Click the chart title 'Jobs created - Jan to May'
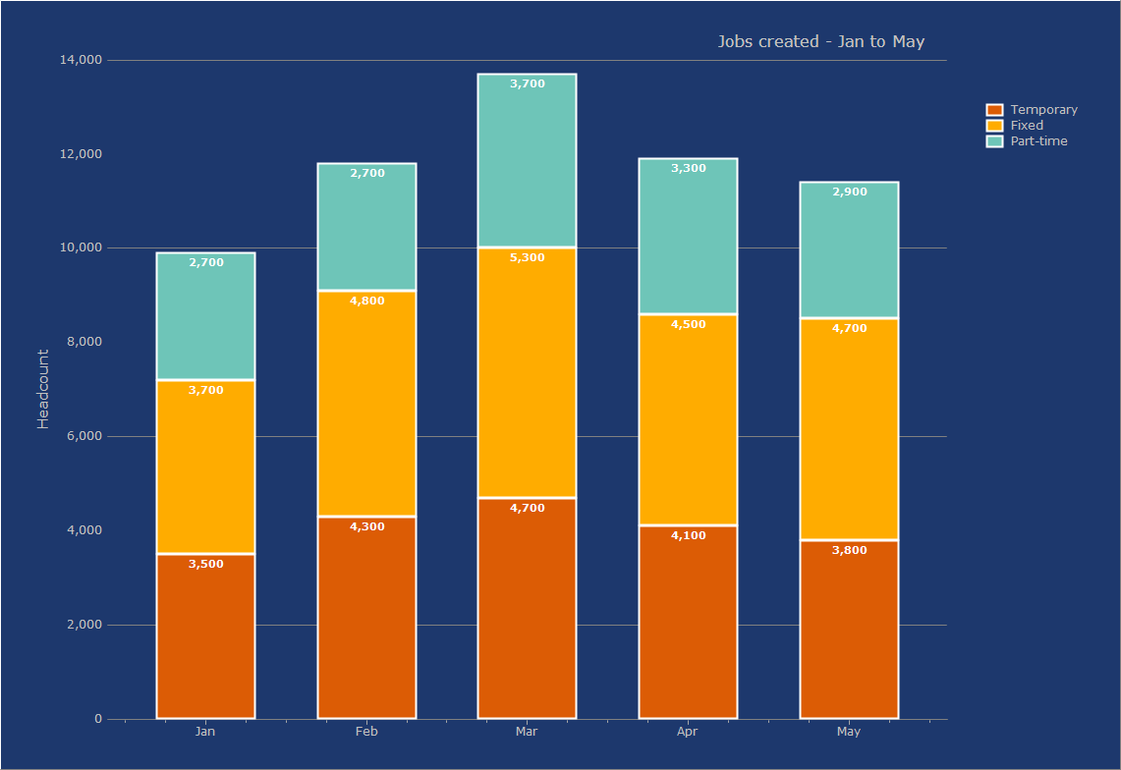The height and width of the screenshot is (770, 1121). [820, 41]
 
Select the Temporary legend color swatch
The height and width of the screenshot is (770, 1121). [994, 110]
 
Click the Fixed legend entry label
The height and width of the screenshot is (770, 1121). [1027, 126]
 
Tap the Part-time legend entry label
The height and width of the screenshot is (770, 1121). [1038, 141]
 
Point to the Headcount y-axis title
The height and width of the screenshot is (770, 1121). [43, 389]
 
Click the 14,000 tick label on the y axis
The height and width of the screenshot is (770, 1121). [81, 60]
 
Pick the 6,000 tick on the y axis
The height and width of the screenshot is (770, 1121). [84, 436]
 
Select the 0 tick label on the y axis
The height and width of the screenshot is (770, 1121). [98, 719]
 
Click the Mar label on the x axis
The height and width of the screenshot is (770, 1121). [527, 732]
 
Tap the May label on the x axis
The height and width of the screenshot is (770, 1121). [849, 732]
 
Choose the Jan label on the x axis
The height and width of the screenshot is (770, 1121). [205, 732]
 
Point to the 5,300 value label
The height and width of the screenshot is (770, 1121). [527, 257]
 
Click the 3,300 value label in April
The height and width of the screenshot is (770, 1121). [688, 169]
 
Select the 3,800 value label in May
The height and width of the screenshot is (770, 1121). [849, 550]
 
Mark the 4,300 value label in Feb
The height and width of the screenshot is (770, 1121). [366, 526]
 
